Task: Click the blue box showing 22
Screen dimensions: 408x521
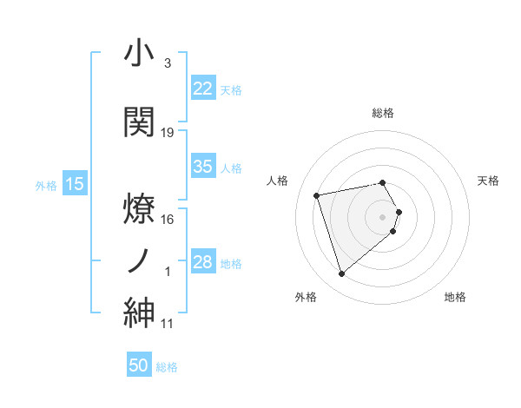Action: pyautogui.click(x=203, y=88)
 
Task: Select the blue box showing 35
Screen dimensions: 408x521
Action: pyautogui.click(x=203, y=167)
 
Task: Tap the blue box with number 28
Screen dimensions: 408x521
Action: pyautogui.click(x=203, y=262)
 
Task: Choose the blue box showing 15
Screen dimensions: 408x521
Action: pyautogui.click(x=75, y=184)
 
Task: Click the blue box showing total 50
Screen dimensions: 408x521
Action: pyautogui.click(x=139, y=365)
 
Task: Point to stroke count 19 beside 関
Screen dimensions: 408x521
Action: pyautogui.click(x=168, y=133)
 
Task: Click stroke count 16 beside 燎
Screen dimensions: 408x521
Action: pyautogui.click(x=168, y=220)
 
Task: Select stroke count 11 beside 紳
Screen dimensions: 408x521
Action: pyautogui.click(x=168, y=324)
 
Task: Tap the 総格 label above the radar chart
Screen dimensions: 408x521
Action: pyautogui.click(x=383, y=113)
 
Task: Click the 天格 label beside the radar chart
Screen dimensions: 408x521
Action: pyautogui.click(x=488, y=181)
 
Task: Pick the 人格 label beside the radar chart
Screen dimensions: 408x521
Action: pyautogui.click(x=278, y=181)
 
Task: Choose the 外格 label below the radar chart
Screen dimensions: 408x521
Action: pyautogui.click(x=305, y=298)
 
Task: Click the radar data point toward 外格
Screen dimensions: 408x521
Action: pyautogui.click(x=341, y=274)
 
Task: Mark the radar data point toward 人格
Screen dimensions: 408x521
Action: pyautogui.click(x=317, y=194)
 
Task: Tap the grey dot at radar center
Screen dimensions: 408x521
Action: pyautogui.click(x=383, y=215)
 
